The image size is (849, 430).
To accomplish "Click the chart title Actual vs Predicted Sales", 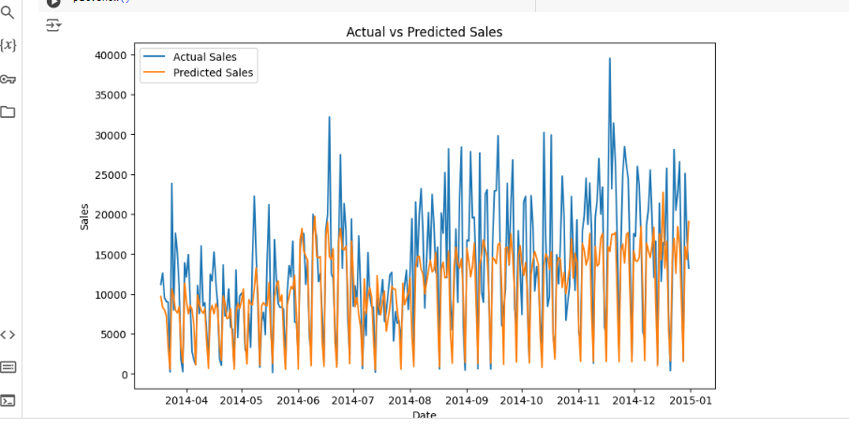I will point(424,32).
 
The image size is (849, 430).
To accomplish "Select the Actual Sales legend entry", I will point(204,57).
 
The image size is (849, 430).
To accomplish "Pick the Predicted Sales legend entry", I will point(213,73).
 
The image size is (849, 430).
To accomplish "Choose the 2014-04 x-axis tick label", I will point(186,400).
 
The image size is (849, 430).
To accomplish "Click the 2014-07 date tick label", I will point(353,400).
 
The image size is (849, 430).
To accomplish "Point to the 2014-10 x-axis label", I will point(521,400).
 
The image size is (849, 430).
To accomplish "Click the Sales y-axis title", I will point(84,216).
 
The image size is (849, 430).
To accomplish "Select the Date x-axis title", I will point(424,415).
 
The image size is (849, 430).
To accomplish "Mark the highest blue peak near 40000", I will point(610,59).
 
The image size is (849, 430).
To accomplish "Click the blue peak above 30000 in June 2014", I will point(329,118).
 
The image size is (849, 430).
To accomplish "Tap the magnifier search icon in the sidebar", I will point(8,13).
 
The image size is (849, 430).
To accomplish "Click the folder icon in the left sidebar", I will point(8,112).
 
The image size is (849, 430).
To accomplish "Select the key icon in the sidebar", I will point(8,79).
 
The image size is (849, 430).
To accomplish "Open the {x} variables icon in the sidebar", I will point(8,45).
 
